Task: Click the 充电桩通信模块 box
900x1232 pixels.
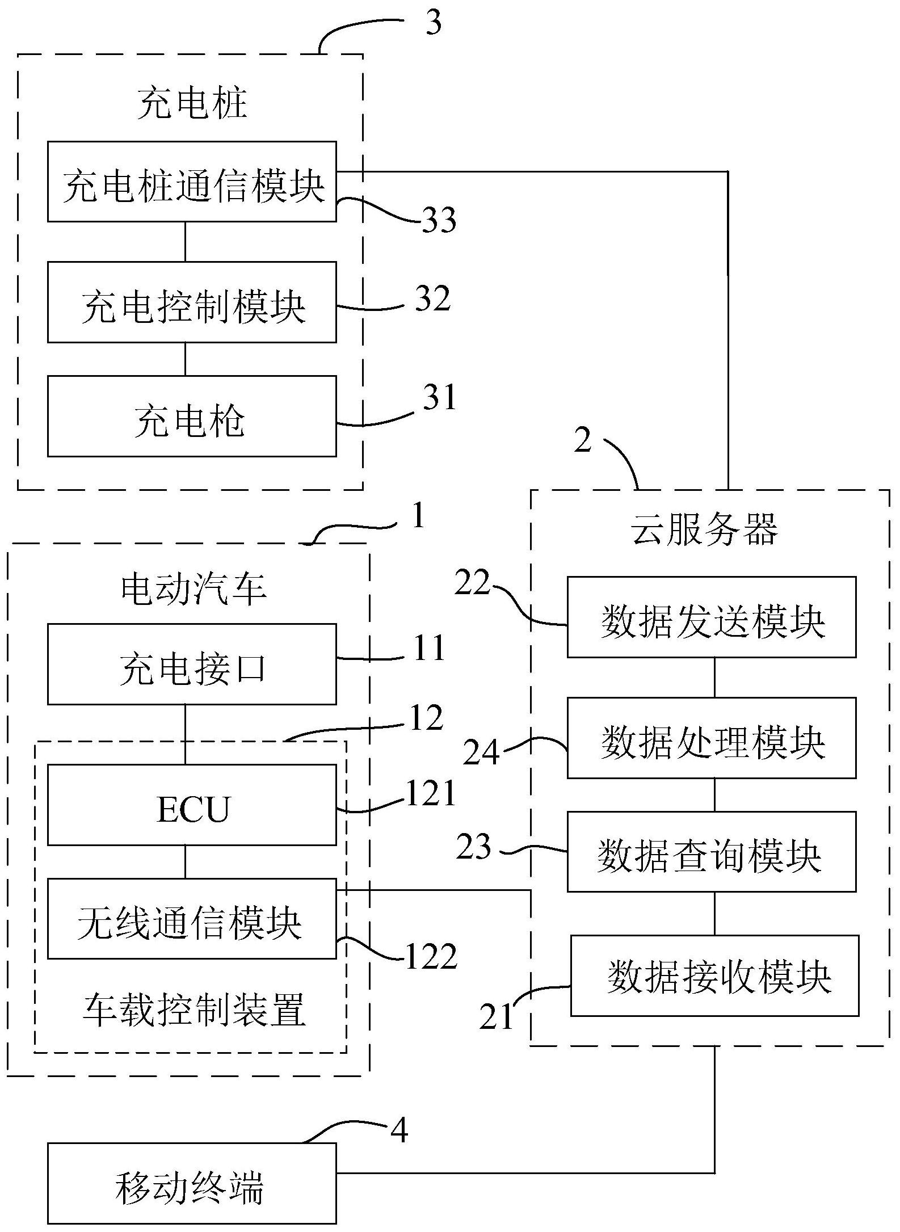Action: coord(192,182)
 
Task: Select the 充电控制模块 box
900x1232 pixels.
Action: coord(192,302)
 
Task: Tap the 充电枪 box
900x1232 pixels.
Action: coord(192,416)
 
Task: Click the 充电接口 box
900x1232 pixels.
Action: coord(192,665)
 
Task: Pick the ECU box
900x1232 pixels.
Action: coord(192,805)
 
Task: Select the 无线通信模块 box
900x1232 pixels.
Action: coord(192,919)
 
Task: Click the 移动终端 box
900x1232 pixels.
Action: coord(192,1183)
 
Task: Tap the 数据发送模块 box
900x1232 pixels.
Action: coord(712,617)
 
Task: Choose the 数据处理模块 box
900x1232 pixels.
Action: coord(712,738)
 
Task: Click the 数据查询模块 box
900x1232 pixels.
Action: coord(712,851)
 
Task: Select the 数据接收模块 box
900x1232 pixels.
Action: coord(715,975)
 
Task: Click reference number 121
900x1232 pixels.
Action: coord(431,793)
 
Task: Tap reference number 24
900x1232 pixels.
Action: coord(481,753)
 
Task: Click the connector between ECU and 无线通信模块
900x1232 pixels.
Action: coord(185,862)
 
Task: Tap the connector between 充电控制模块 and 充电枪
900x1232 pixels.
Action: coord(185,359)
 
